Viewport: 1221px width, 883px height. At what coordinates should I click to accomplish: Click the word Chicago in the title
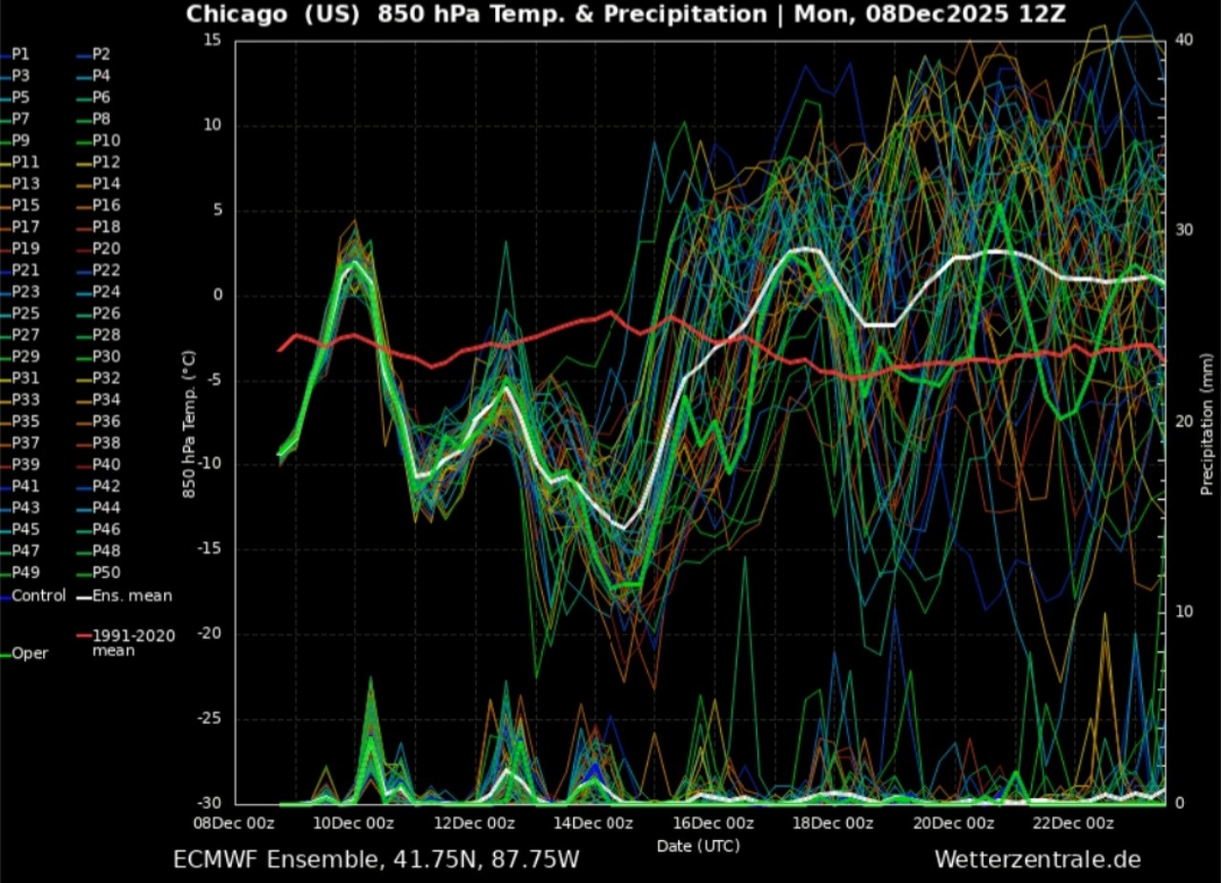click(x=237, y=14)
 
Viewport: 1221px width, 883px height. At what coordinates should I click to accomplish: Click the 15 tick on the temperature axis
click(x=213, y=40)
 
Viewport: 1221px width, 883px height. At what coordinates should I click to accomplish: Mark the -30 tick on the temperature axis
click(x=211, y=803)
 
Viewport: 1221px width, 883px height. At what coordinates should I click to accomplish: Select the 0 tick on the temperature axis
click(x=218, y=295)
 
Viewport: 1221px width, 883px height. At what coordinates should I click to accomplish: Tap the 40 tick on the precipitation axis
click(x=1184, y=40)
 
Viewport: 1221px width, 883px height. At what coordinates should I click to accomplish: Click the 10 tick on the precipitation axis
click(x=1184, y=611)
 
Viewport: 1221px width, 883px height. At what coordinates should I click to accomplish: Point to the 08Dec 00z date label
click(x=234, y=823)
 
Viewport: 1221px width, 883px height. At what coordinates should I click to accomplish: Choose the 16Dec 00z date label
click(x=714, y=823)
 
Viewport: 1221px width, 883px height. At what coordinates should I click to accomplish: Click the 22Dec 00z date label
click(x=1073, y=823)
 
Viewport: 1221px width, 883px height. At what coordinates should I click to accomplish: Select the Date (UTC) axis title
click(x=698, y=846)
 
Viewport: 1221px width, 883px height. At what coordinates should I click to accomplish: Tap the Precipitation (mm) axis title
click(x=1207, y=424)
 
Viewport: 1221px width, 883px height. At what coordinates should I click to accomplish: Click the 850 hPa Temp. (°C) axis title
click(x=189, y=424)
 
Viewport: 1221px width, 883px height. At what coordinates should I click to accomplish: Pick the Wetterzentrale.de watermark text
click(x=1038, y=859)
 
